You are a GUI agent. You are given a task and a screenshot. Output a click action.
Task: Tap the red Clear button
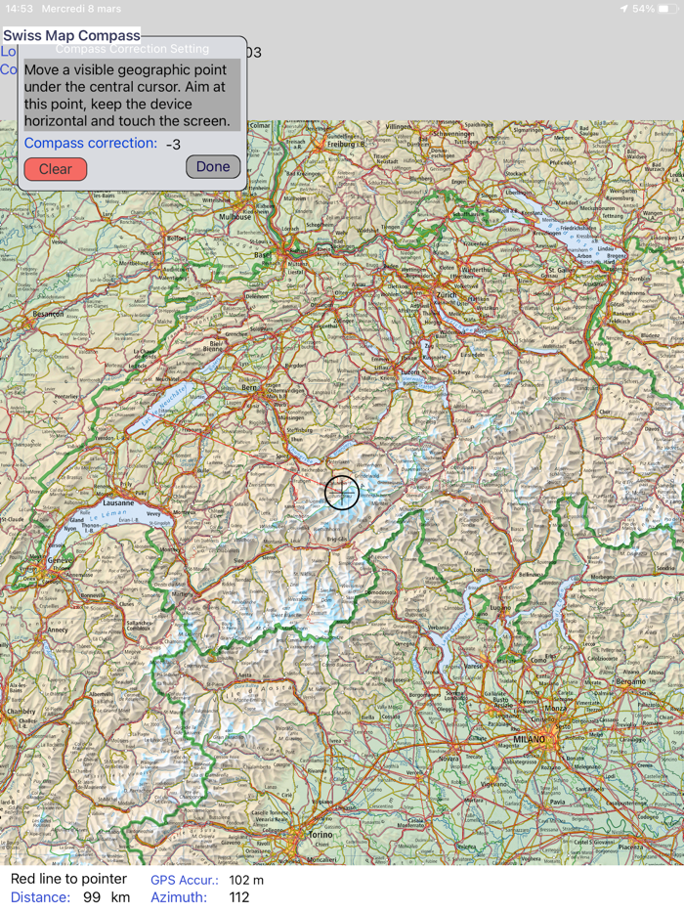coord(56,169)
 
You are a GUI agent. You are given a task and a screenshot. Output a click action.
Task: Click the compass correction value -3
coord(173,145)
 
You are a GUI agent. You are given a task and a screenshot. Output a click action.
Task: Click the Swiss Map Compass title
coord(71,36)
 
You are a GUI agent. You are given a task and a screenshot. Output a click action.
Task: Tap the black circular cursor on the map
coord(342,492)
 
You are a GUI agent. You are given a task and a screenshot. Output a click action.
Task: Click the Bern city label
coord(249,388)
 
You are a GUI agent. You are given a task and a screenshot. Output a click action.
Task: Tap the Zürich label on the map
coord(446,294)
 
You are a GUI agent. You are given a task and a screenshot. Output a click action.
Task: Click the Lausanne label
coord(117,503)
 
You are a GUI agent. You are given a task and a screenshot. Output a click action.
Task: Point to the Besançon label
coord(48,314)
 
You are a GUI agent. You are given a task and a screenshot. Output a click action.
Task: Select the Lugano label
coord(500,607)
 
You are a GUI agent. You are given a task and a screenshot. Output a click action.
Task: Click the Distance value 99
coord(92,897)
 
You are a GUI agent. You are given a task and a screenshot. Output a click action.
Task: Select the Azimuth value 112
coord(239,897)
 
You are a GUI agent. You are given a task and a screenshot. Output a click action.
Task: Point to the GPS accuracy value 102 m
coord(246,880)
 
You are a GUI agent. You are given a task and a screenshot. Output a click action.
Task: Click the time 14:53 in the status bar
coord(20,9)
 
